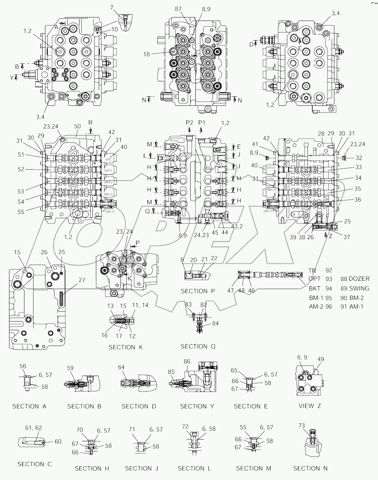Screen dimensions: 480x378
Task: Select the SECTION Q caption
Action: coord(198,347)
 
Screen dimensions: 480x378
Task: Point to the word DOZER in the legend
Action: coord(359,279)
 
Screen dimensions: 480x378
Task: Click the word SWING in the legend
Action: coord(359,288)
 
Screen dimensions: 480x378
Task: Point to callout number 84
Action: coord(215,324)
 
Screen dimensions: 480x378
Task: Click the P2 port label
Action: coord(189,123)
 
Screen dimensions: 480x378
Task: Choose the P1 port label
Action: coord(202,123)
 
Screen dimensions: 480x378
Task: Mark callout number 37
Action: coord(346,237)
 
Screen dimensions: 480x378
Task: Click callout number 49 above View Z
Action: coord(321,359)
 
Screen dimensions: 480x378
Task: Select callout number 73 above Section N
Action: coord(302,426)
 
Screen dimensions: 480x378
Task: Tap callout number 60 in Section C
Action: coord(58,442)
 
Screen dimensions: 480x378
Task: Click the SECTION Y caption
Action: coord(197,406)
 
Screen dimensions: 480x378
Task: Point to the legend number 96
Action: coord(328,307)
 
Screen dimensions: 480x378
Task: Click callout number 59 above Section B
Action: coord(70,368)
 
